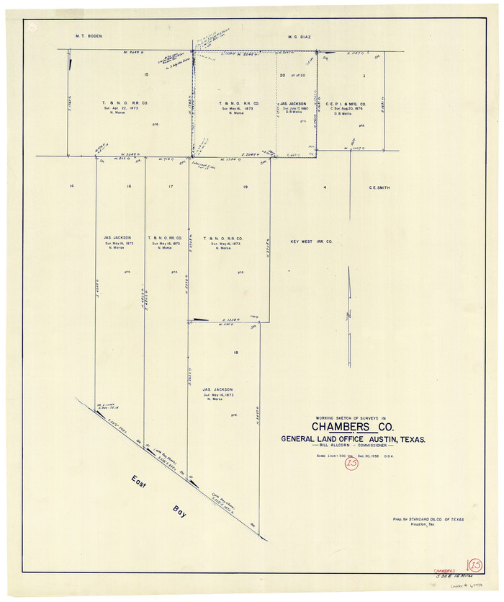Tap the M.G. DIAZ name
coord(298,35)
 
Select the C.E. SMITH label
coord(379,187)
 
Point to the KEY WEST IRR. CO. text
coord(311,242)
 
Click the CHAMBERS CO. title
coord(354,428)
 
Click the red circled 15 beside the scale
coord(351,464)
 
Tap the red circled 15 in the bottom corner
coord(474,565)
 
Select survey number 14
coord(71,187)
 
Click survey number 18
coord(235,351)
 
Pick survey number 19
coord(246,187)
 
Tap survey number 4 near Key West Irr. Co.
coord(325,187)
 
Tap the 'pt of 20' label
coord(298,76)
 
